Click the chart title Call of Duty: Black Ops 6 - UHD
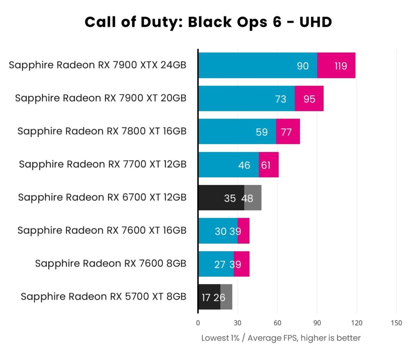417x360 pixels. click(208, 22)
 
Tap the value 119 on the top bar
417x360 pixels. click(340, 66)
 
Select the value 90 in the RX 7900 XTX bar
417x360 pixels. click(303, 66)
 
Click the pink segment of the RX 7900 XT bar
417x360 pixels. click(309, 99)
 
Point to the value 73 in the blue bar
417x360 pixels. click(281, 99)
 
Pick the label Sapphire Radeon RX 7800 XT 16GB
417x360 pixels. click(102, 131)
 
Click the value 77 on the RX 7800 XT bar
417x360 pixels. click(286, 132)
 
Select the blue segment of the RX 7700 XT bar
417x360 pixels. click(228, 165)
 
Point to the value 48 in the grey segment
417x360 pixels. click(247, 198)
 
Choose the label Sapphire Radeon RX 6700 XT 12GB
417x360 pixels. click(102, 198)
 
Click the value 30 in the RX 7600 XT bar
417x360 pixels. click(220, 231)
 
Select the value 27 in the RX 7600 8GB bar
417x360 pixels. click(219, 264)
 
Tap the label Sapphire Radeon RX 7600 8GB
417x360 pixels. click(110, 263)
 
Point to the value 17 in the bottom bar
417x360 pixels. click(206, 297)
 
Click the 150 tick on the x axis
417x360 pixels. click(396, 323)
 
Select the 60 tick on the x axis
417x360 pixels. click(277, 323)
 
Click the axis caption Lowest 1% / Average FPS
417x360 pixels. click(281, 338)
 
